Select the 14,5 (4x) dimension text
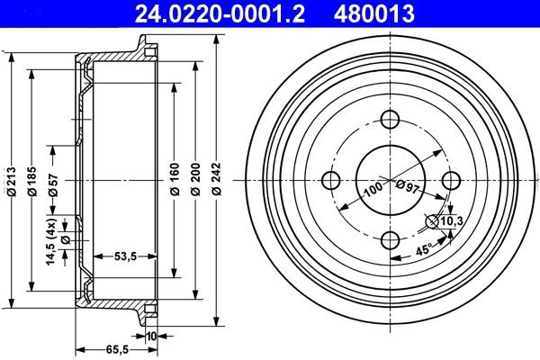[x=52, y=242]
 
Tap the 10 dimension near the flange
[x=150, y=337]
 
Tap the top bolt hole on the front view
[x=390, y=121]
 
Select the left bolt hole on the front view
[x=330, y=180]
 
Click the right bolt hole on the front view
[x=449, y=180]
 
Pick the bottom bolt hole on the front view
[x=390, y=239]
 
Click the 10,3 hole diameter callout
[x=450, y=220]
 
